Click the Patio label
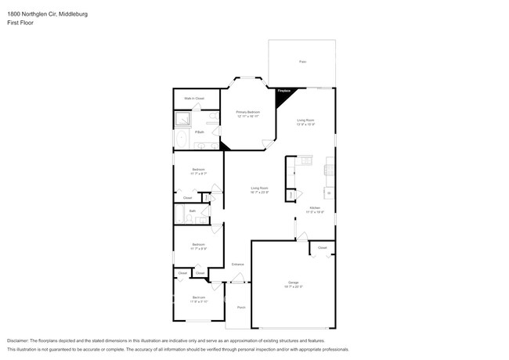302,61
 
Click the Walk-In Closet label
194,99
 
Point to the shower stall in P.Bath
184,119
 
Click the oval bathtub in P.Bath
182,141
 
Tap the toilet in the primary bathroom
213,118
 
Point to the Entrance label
237,264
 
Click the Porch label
241,307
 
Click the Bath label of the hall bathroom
192,211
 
